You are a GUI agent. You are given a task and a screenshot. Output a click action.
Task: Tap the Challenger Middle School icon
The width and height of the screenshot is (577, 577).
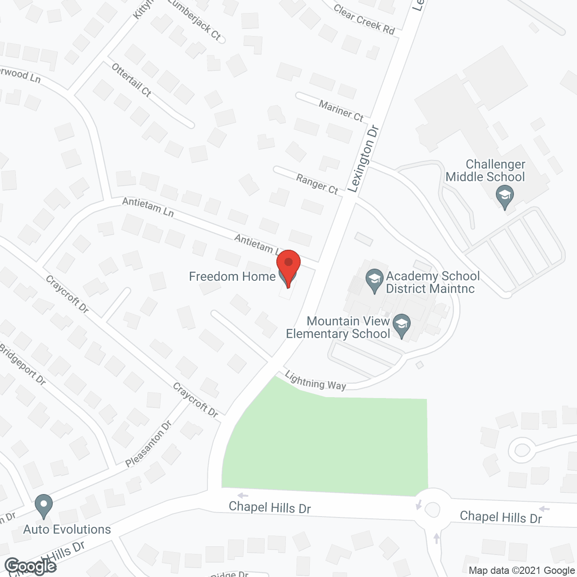(505, 197)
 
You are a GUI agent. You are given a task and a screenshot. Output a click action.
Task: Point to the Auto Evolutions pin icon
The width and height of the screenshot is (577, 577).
(44, 506)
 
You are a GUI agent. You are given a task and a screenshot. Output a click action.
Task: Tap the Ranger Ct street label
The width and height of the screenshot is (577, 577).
(317, 184)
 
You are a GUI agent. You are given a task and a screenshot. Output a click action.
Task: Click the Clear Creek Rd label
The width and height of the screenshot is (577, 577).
(364, 19)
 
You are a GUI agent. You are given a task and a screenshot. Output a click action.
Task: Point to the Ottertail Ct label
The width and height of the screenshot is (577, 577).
(131, 80)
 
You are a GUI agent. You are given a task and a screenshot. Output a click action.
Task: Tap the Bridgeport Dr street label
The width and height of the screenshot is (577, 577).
(23, 364)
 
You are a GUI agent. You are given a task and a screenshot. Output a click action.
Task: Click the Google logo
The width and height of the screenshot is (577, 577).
(30, 566)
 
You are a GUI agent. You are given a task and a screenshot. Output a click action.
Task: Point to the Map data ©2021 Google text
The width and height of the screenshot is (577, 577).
(522, 571)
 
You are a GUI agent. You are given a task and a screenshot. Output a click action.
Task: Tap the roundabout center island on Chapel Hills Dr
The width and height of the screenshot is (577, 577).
(432, 510)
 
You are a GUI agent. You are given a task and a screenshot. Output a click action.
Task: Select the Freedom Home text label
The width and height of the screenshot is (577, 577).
(232, 276)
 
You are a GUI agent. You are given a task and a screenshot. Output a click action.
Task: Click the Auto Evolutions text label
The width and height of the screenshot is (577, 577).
(67, 529)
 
